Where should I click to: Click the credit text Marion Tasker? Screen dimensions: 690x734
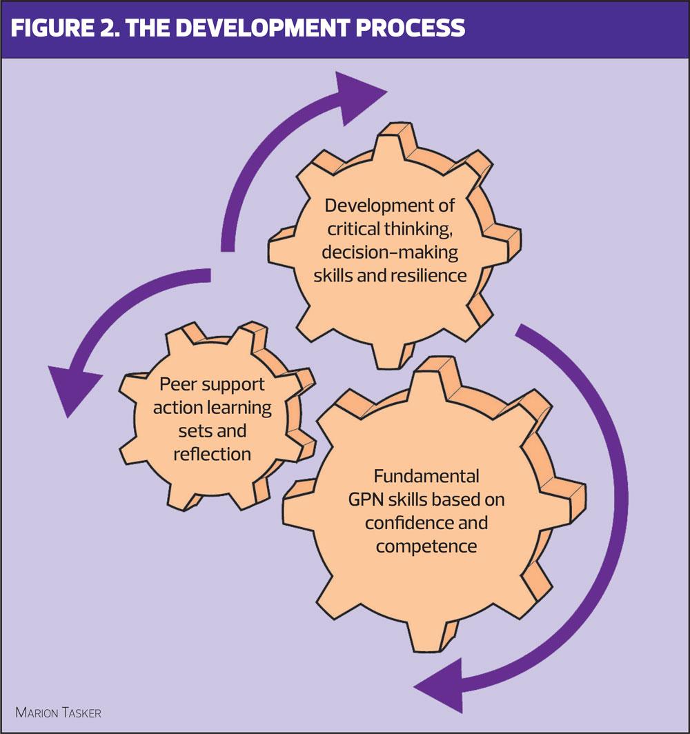tap(59, 711)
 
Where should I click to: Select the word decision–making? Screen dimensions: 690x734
tap(391, 252)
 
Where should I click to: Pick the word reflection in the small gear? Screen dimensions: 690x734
tap(212, 454)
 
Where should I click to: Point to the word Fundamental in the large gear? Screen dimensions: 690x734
tap(426, 477)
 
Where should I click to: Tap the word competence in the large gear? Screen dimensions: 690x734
tap(426, 546)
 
